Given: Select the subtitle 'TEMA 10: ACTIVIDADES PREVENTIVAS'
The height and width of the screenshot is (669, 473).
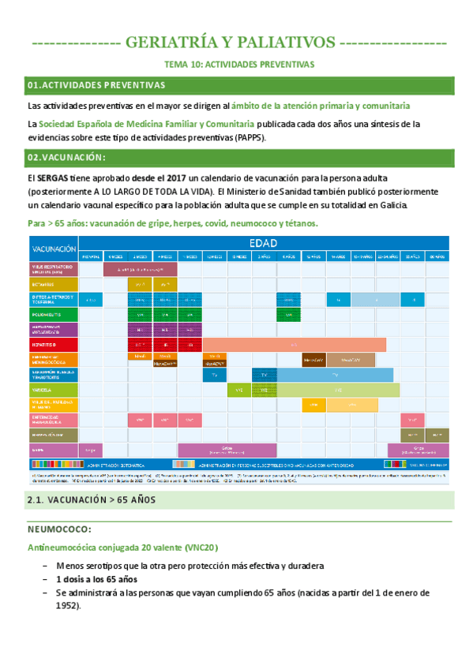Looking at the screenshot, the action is click(238, 64).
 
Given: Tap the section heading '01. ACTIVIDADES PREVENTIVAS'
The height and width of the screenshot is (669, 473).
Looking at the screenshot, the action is click(96, 84).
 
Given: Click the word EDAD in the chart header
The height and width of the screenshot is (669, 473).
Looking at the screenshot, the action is click(263, 243).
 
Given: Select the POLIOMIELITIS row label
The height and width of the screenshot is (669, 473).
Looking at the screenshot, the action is click(52, 315).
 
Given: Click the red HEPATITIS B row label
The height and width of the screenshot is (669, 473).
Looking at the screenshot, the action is click(52, 345).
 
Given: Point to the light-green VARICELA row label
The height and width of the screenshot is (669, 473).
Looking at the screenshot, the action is click(52, 390).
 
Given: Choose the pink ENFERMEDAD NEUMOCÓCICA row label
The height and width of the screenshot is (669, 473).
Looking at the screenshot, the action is click(52, 420).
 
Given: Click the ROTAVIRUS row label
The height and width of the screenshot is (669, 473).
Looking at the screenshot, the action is click(52, 285).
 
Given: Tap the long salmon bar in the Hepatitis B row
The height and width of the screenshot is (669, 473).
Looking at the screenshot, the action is click(295, 345).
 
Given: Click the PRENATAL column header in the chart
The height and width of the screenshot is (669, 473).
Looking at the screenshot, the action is click(91, 256).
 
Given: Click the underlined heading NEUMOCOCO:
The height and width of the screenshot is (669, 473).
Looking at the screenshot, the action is click(59, 529).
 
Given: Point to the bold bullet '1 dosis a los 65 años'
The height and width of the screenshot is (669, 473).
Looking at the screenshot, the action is click(97, 578).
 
